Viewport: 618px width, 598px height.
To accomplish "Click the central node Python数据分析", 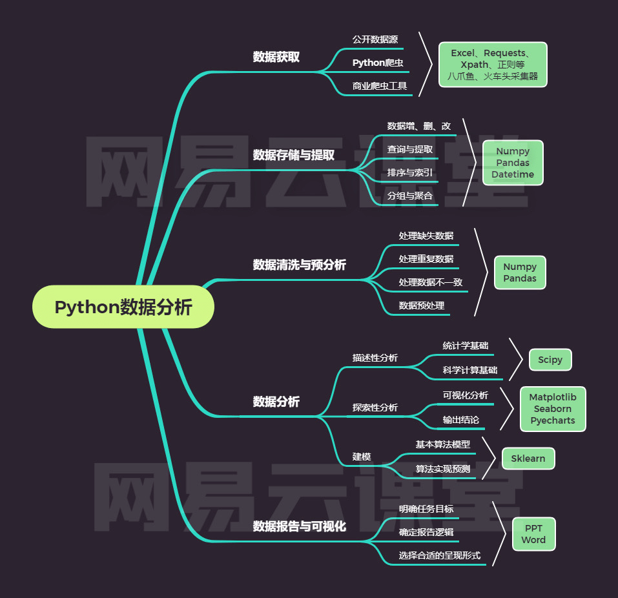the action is point(123,307).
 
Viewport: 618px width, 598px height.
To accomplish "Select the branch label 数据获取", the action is point(276,57).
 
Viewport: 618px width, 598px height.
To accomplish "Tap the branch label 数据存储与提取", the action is point(294,155).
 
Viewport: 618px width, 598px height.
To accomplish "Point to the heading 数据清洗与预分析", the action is point(300,265).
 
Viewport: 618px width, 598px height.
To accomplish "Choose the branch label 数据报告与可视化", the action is point(300,526).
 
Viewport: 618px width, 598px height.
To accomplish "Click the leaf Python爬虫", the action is point(378,63).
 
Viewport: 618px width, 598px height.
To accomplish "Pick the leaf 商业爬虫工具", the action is point(380,85).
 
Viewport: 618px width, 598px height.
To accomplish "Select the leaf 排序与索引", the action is point(410,172).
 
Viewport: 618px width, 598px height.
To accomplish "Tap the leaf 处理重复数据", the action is point(426,258).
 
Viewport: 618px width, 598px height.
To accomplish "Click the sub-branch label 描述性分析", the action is point(375,358).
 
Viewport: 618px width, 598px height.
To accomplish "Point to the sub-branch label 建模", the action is point(362,457).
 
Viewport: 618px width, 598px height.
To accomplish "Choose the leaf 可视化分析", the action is point(466,395).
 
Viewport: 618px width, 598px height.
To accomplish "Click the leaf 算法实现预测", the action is point(442,469).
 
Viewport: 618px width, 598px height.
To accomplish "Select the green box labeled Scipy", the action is point(550,360).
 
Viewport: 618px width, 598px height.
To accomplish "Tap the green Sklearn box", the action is point(528,459).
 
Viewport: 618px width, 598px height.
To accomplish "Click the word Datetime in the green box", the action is point(513,174).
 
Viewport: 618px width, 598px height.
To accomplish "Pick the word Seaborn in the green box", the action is point(553,409).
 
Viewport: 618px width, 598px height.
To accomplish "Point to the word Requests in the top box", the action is point(505,53).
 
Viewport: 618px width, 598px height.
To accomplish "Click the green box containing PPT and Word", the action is point(533,534).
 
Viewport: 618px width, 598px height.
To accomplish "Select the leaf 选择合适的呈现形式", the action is point(440,555).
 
